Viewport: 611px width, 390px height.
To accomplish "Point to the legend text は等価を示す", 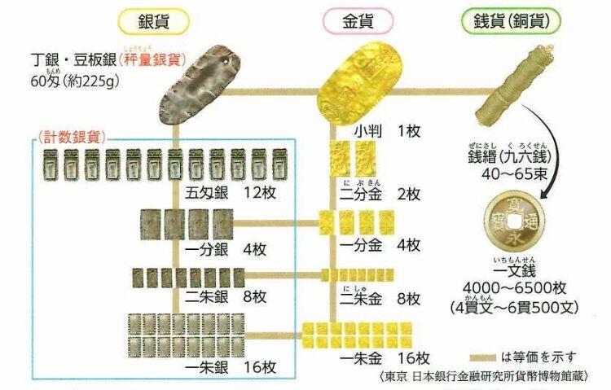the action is click(x=540, y=356).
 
